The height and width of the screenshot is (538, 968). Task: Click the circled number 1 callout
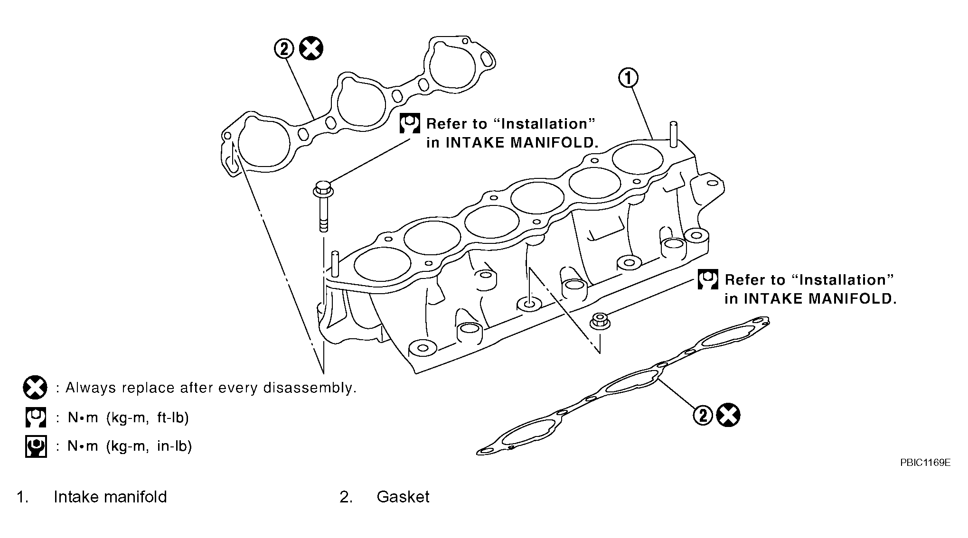(x=628, y=78)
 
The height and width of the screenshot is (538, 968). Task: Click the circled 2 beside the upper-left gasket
(x=284, y=48)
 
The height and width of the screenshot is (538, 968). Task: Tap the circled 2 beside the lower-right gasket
(x=703, y=415)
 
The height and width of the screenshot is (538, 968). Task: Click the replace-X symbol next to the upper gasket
(x=311, y=48)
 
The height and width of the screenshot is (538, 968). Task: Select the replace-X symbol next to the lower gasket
(x=728, y=415)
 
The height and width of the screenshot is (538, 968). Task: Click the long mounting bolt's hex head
(x=323, y=188)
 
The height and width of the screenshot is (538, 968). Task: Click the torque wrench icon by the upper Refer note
(x=409, y=123)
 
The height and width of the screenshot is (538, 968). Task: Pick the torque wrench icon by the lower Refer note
(x=708, y=279)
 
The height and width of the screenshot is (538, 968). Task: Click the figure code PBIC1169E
(x=925, y=463)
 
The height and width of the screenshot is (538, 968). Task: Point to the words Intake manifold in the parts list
(x=110, y=497)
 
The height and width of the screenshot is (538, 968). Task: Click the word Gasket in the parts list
(x=403, y=497)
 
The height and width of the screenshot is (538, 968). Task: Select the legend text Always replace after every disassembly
(x=211, y=388)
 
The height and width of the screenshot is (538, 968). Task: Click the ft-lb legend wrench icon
(x=36, y=417)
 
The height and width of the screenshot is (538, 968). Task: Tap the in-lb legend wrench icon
(x=36, y=446)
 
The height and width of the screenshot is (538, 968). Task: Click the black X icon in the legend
(x=35, y=388)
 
